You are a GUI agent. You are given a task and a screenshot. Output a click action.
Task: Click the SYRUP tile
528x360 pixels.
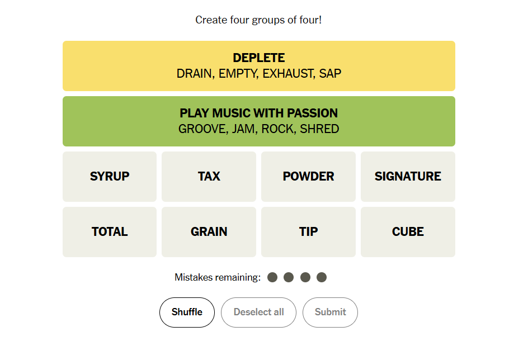(110, 176)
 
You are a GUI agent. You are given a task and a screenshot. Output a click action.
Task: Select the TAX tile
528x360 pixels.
(209, 176)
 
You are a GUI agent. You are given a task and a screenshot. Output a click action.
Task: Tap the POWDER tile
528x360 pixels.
(308, 176)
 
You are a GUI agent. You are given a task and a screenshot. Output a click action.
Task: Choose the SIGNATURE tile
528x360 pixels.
(408, 176)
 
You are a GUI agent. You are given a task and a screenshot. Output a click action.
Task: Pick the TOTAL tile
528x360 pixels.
(110, 232)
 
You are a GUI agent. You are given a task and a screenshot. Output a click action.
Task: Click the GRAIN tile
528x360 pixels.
(209, 232)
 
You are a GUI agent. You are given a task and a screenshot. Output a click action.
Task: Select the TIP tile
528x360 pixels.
(308, 232)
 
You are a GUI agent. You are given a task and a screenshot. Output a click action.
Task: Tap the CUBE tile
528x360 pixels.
(408, 232)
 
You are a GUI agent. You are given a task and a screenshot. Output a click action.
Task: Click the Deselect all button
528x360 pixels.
(258, 312)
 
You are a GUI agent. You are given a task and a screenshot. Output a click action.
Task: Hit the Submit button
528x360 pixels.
(331, 312)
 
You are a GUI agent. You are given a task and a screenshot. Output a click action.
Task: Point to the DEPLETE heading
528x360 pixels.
(259, 58)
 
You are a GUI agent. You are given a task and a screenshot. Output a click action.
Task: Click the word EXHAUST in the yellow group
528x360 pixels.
(289, 73)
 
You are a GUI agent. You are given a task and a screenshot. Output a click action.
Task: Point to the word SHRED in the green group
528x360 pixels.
(319, 129)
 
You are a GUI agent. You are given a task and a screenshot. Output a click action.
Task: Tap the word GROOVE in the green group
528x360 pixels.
(202, 129)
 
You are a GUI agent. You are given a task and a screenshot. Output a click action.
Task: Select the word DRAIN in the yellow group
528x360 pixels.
(196, 73)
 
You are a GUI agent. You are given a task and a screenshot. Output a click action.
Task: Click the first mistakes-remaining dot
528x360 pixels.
(272, 277)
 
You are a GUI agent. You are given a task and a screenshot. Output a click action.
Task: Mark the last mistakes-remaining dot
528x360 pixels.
(322, 277)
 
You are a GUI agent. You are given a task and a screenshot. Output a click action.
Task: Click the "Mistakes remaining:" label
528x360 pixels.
(218, 277)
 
